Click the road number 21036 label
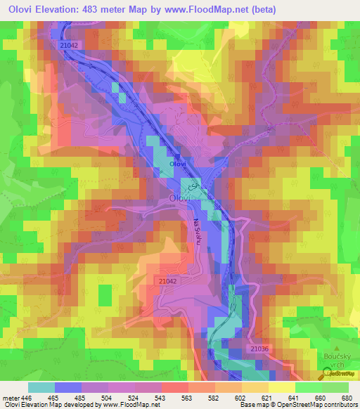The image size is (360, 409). (x=260, y=349)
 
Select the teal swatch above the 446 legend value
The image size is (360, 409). (x=41, y=387)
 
